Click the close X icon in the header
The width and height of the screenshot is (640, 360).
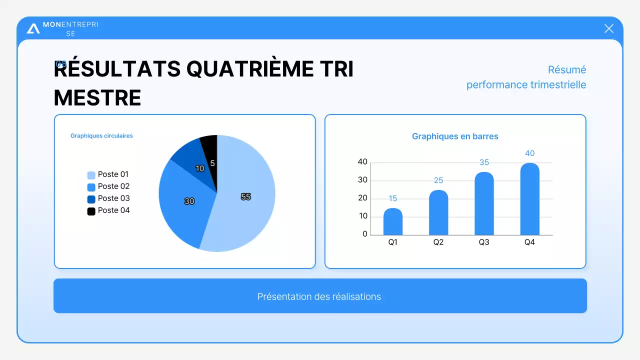(608, 28)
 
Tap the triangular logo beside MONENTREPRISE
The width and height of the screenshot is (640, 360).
(33, 28)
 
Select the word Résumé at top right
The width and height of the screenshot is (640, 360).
(566, 69)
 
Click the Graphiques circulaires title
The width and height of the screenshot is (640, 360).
(101, 135)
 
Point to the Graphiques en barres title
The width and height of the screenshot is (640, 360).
(455, 136)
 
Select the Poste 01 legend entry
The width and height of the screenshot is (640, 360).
(108, 174)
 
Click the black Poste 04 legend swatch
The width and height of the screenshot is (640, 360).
(91, 211)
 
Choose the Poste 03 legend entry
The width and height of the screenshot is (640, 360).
(108, 198)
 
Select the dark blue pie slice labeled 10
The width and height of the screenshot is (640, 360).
(195, 162)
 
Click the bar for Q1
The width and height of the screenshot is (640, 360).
(393, 222)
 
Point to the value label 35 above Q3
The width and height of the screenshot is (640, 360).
(484, 162)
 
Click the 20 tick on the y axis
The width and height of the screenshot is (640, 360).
(362, 198)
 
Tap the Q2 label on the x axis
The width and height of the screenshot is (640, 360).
(438, 242)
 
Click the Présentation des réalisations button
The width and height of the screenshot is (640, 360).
(320, 296)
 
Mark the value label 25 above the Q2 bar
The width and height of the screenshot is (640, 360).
(438, 180)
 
